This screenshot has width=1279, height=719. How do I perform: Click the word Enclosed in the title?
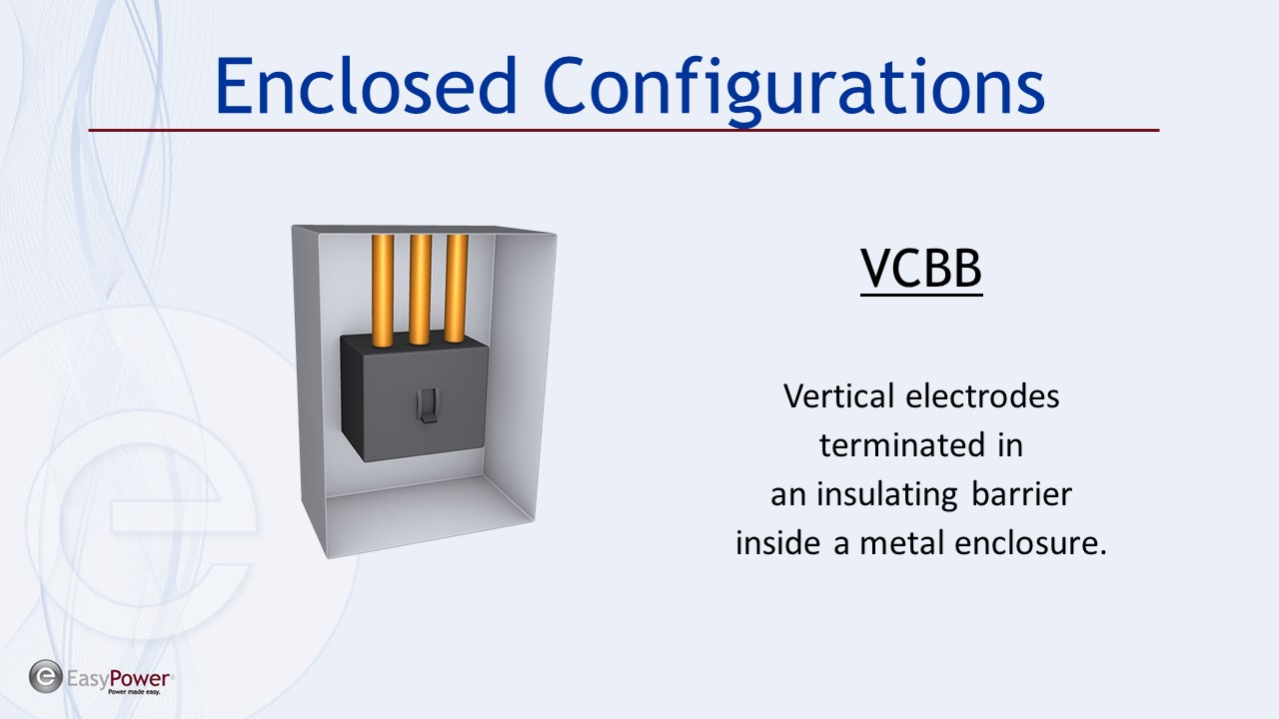(x=366, y=86)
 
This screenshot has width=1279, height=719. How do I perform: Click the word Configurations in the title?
(x=794, y=91)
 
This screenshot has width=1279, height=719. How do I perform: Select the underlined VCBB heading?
(x=921, y=269)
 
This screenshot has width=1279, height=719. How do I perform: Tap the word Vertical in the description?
(x=838, y=396)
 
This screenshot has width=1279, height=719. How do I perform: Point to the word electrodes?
(x=982, y=396)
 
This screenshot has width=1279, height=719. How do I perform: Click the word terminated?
(x=902, y=445)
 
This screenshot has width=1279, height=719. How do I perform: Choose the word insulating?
(x=886, y=495)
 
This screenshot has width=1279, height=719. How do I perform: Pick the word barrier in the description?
(x=1021, y=494)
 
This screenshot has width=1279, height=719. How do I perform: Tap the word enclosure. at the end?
(x=1030, y=543)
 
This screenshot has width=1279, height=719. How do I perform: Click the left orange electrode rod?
(x=383, y=291)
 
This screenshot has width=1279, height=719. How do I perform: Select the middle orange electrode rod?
(x=420, y=290)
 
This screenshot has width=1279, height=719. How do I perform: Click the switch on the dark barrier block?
(x=428, y=405)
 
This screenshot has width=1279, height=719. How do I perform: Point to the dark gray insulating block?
(x=415, y=397)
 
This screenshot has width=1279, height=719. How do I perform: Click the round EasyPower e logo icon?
(x=46, y=677)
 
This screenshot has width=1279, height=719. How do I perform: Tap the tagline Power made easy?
(x=134, y=692)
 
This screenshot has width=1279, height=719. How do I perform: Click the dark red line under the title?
(x=624, y=131)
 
